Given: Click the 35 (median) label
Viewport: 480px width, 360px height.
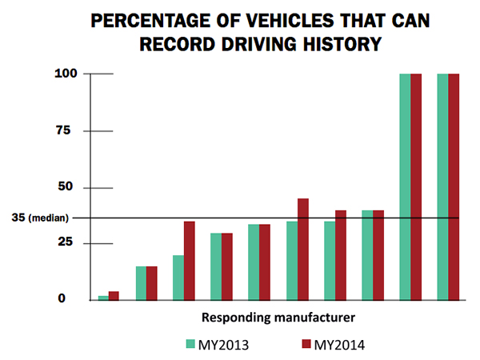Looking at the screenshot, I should pyautogui.click(x=43, y=218).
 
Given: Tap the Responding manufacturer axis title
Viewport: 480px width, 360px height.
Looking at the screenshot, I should pyautogui.click(x=278, y=318).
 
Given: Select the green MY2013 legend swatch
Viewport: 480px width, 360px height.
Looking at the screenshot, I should pyautogui.click(x=191, y=344).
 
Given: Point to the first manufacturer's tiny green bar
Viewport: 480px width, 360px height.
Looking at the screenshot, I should pyautogui.click(x=103, y=298).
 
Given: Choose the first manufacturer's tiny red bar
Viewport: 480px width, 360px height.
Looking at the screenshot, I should pyautogui.click(x=114, y=295).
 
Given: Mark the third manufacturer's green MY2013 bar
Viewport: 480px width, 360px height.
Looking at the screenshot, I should pyautogui.click(x=178, y=278).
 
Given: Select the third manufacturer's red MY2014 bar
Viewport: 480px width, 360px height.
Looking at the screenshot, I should pyautogui.click(x=190, y=260).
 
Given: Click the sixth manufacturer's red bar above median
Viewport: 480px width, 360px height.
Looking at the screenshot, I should pyautogui.click(x=303, y=249).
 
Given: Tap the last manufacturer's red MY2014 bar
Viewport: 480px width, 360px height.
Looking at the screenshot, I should pyautogui.click(x=454, y=186).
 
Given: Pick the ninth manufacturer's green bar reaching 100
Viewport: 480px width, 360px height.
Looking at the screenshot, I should pyautogui.click(x=405, y=186).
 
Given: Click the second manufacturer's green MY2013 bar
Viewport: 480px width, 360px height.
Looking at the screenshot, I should pyautogui.click(x=141, y=283).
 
